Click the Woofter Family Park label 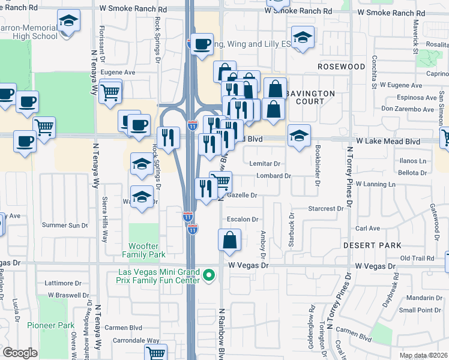click(x=148, y=251)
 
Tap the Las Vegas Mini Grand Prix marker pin click(x=209, y=275)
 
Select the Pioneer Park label click(x=50, y=325)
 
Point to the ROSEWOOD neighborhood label click(x=341, y=66)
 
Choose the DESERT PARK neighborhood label click(x=372, y=245)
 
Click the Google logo click(x=20, y=353)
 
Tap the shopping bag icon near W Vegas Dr click(x=230, y=240)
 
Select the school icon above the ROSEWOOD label click(x=303, y=37)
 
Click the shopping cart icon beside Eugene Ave click(x=110, y=92)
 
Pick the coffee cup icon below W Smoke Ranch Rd click(x=202, y=44)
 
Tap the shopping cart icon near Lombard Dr click(x=221, y=181)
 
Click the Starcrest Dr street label click(x=325, y=209)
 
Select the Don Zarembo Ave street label click(x=408, y=109)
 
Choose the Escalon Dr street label click(x=243, y=220)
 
